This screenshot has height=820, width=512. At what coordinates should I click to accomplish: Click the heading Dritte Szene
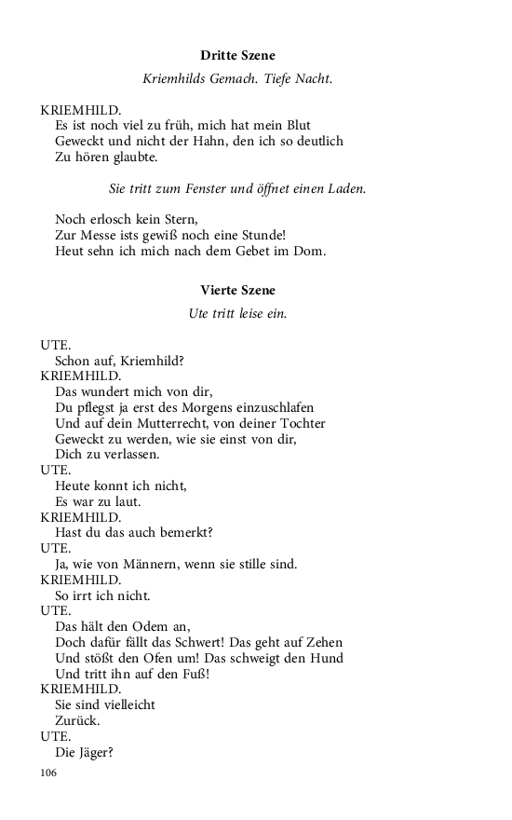pos(237,56)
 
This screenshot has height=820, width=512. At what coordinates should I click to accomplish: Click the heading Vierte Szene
pos(237,291)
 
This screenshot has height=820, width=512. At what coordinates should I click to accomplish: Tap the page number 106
pos(49,772)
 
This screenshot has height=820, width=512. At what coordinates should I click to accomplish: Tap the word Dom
pos(312,251)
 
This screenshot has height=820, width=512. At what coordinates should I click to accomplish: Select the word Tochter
pos(318,423)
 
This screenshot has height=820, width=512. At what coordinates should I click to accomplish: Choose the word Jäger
pos(101,753)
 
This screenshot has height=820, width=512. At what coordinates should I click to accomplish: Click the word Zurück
pos(77,721)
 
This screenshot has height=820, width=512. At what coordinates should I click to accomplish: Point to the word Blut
pos(298,125)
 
